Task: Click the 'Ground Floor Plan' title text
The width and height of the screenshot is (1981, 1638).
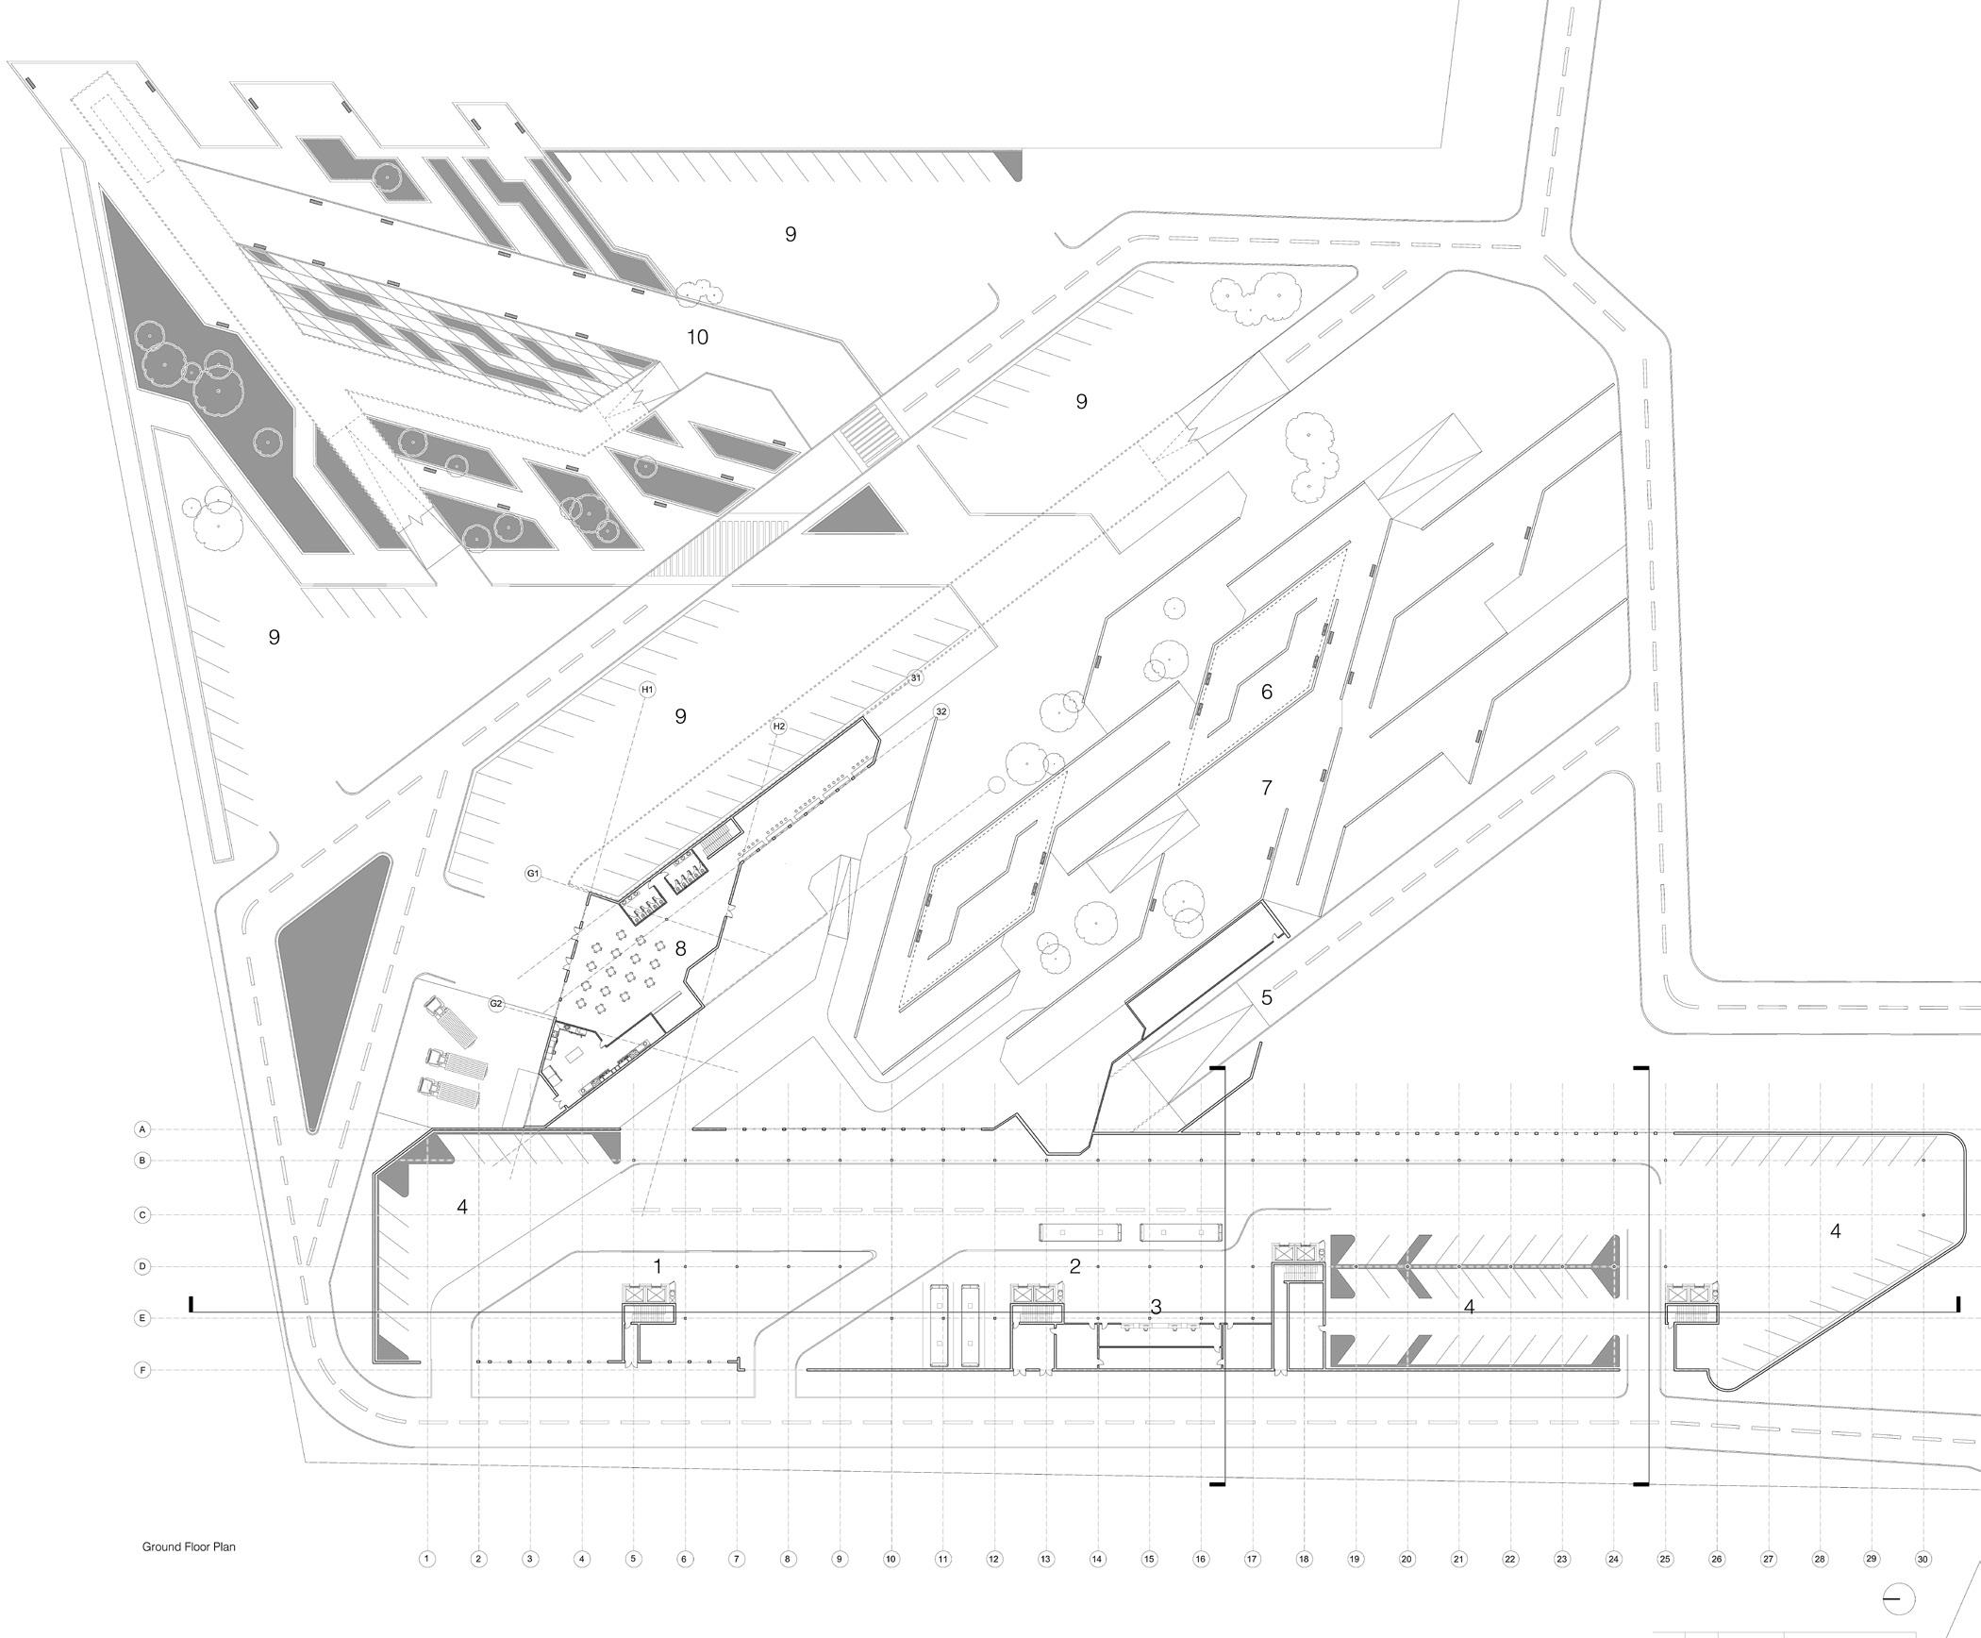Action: click(189, 1546)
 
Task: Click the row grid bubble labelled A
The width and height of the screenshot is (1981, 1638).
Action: click(142, 1128)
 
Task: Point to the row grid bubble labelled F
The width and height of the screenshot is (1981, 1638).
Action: click(142, 1369)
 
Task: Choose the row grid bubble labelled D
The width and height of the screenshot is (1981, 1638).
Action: click(142, 1266)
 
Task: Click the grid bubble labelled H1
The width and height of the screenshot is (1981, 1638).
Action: click(647, 690)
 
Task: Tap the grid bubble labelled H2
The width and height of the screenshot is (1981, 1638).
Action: click(778, 727)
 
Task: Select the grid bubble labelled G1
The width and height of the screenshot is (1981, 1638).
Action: click(533, 874)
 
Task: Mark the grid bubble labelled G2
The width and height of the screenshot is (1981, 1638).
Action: click(496, 1004)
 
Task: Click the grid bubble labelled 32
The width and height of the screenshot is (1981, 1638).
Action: click(941, 711)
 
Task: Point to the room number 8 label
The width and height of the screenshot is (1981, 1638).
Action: click(680, 948)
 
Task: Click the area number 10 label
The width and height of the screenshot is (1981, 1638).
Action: click(697, 337)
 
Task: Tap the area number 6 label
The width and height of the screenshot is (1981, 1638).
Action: click(1266, 692)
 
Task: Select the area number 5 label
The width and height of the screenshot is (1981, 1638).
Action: click(1266, 997)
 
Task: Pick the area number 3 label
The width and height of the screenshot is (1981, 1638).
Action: click(1156, 1307)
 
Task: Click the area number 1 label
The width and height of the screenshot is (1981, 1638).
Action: click(658, 1266)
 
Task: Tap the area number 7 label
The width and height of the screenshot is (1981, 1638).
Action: click(1266, 787)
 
